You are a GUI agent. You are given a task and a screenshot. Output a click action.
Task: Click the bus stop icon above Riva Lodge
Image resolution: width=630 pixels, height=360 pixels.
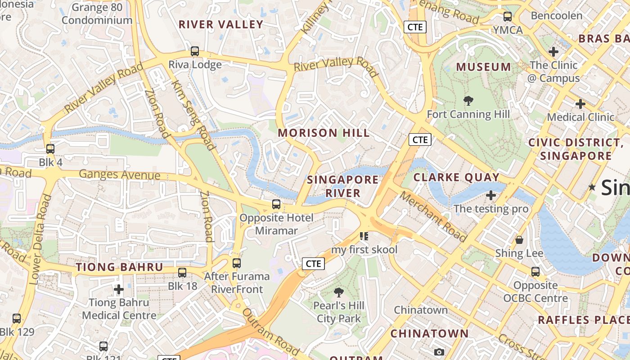coord(195,51)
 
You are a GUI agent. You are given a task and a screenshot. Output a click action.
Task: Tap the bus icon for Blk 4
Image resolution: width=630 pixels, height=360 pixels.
coord(50,148)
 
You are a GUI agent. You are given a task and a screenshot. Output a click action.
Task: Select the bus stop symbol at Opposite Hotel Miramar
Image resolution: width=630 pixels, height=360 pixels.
coord(276,204)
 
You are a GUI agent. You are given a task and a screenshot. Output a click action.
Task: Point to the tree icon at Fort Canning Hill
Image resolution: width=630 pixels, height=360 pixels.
coord(468,101)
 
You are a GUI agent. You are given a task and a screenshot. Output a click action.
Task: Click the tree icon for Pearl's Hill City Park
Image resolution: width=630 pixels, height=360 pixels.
coord(339,292)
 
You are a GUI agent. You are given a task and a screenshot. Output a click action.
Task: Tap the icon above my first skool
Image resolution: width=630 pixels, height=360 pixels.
coord(364,236)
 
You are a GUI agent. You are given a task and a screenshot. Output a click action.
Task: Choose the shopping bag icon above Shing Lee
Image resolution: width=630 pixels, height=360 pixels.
coord(519,240)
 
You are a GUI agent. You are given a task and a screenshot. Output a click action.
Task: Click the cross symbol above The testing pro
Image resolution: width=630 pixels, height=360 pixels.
coord(491,195)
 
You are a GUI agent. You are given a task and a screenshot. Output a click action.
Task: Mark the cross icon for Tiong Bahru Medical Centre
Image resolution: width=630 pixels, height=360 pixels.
coord(119,289)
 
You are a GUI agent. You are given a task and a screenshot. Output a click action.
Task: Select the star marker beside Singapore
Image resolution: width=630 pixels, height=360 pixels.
coord(592,187)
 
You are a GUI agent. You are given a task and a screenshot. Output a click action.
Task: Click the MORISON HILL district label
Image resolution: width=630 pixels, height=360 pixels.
coord(324,133)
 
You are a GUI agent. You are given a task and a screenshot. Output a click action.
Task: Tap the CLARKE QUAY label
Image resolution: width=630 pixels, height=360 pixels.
coord(456,177)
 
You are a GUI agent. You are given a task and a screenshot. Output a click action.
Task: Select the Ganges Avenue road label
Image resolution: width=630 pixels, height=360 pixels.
coord(120,175)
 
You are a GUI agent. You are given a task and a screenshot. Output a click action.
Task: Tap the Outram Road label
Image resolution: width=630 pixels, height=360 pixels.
coord(271,332)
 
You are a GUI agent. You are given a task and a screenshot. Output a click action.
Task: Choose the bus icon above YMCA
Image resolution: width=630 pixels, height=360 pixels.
coord(508,17)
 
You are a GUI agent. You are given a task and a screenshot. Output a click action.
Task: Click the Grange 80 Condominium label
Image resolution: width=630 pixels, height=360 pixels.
coord(97,14)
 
